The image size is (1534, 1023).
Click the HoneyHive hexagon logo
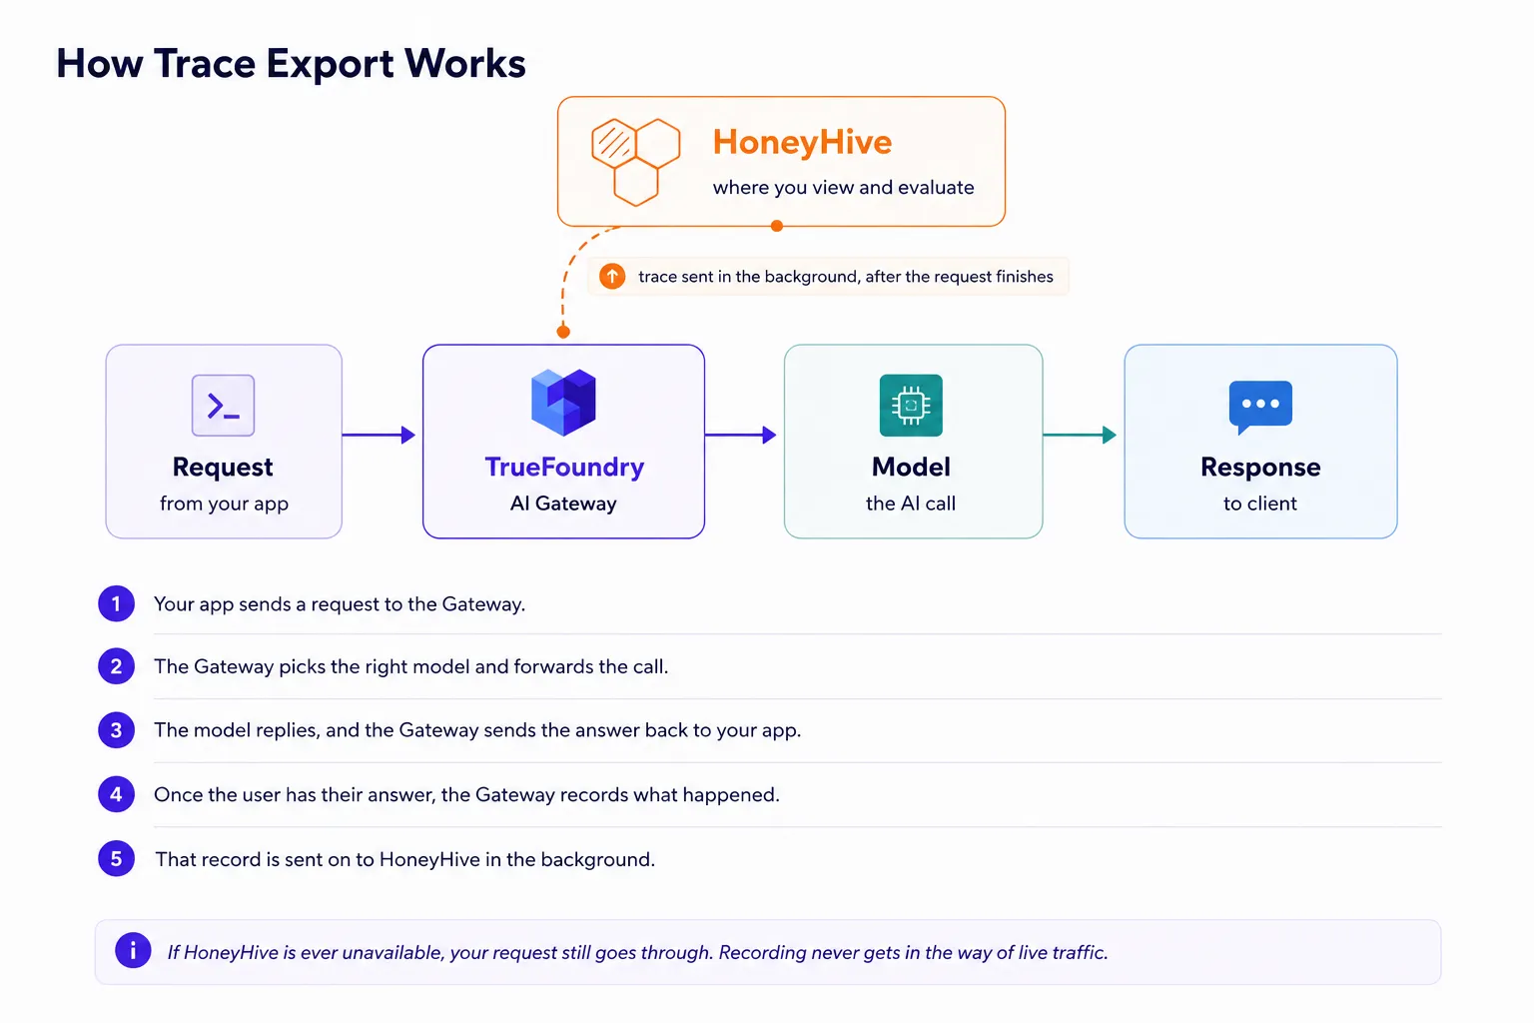tap(635, 163)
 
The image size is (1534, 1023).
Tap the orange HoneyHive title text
tap(802, 143)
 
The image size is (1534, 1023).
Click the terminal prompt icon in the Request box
tap(224, 405)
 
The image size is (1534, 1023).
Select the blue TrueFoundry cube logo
tap(563, 403)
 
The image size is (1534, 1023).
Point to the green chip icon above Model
tap(911, 405)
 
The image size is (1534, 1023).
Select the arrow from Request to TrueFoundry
tap(379, 435)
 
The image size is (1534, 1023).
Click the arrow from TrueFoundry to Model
tap(740, 435)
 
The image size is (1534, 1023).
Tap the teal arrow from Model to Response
tap(1080, 435)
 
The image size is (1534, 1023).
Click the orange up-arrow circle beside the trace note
tap(612, 276)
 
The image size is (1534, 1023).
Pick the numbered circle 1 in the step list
tap(117, 603)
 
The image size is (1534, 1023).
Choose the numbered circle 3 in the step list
tap(117, 729)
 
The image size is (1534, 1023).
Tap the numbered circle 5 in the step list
tap(117, 858)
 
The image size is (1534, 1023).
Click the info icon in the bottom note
tap(133, 950)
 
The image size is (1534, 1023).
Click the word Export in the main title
tap(330, 64)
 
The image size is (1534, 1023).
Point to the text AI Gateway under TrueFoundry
tap(563, 504)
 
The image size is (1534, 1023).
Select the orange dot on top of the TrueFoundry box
tap(563, 333)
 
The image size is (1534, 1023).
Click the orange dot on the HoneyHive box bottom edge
tap(777, 226)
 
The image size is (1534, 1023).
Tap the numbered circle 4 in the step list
tap(117, 794)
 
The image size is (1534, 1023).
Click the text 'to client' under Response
tap(1260, 504)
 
